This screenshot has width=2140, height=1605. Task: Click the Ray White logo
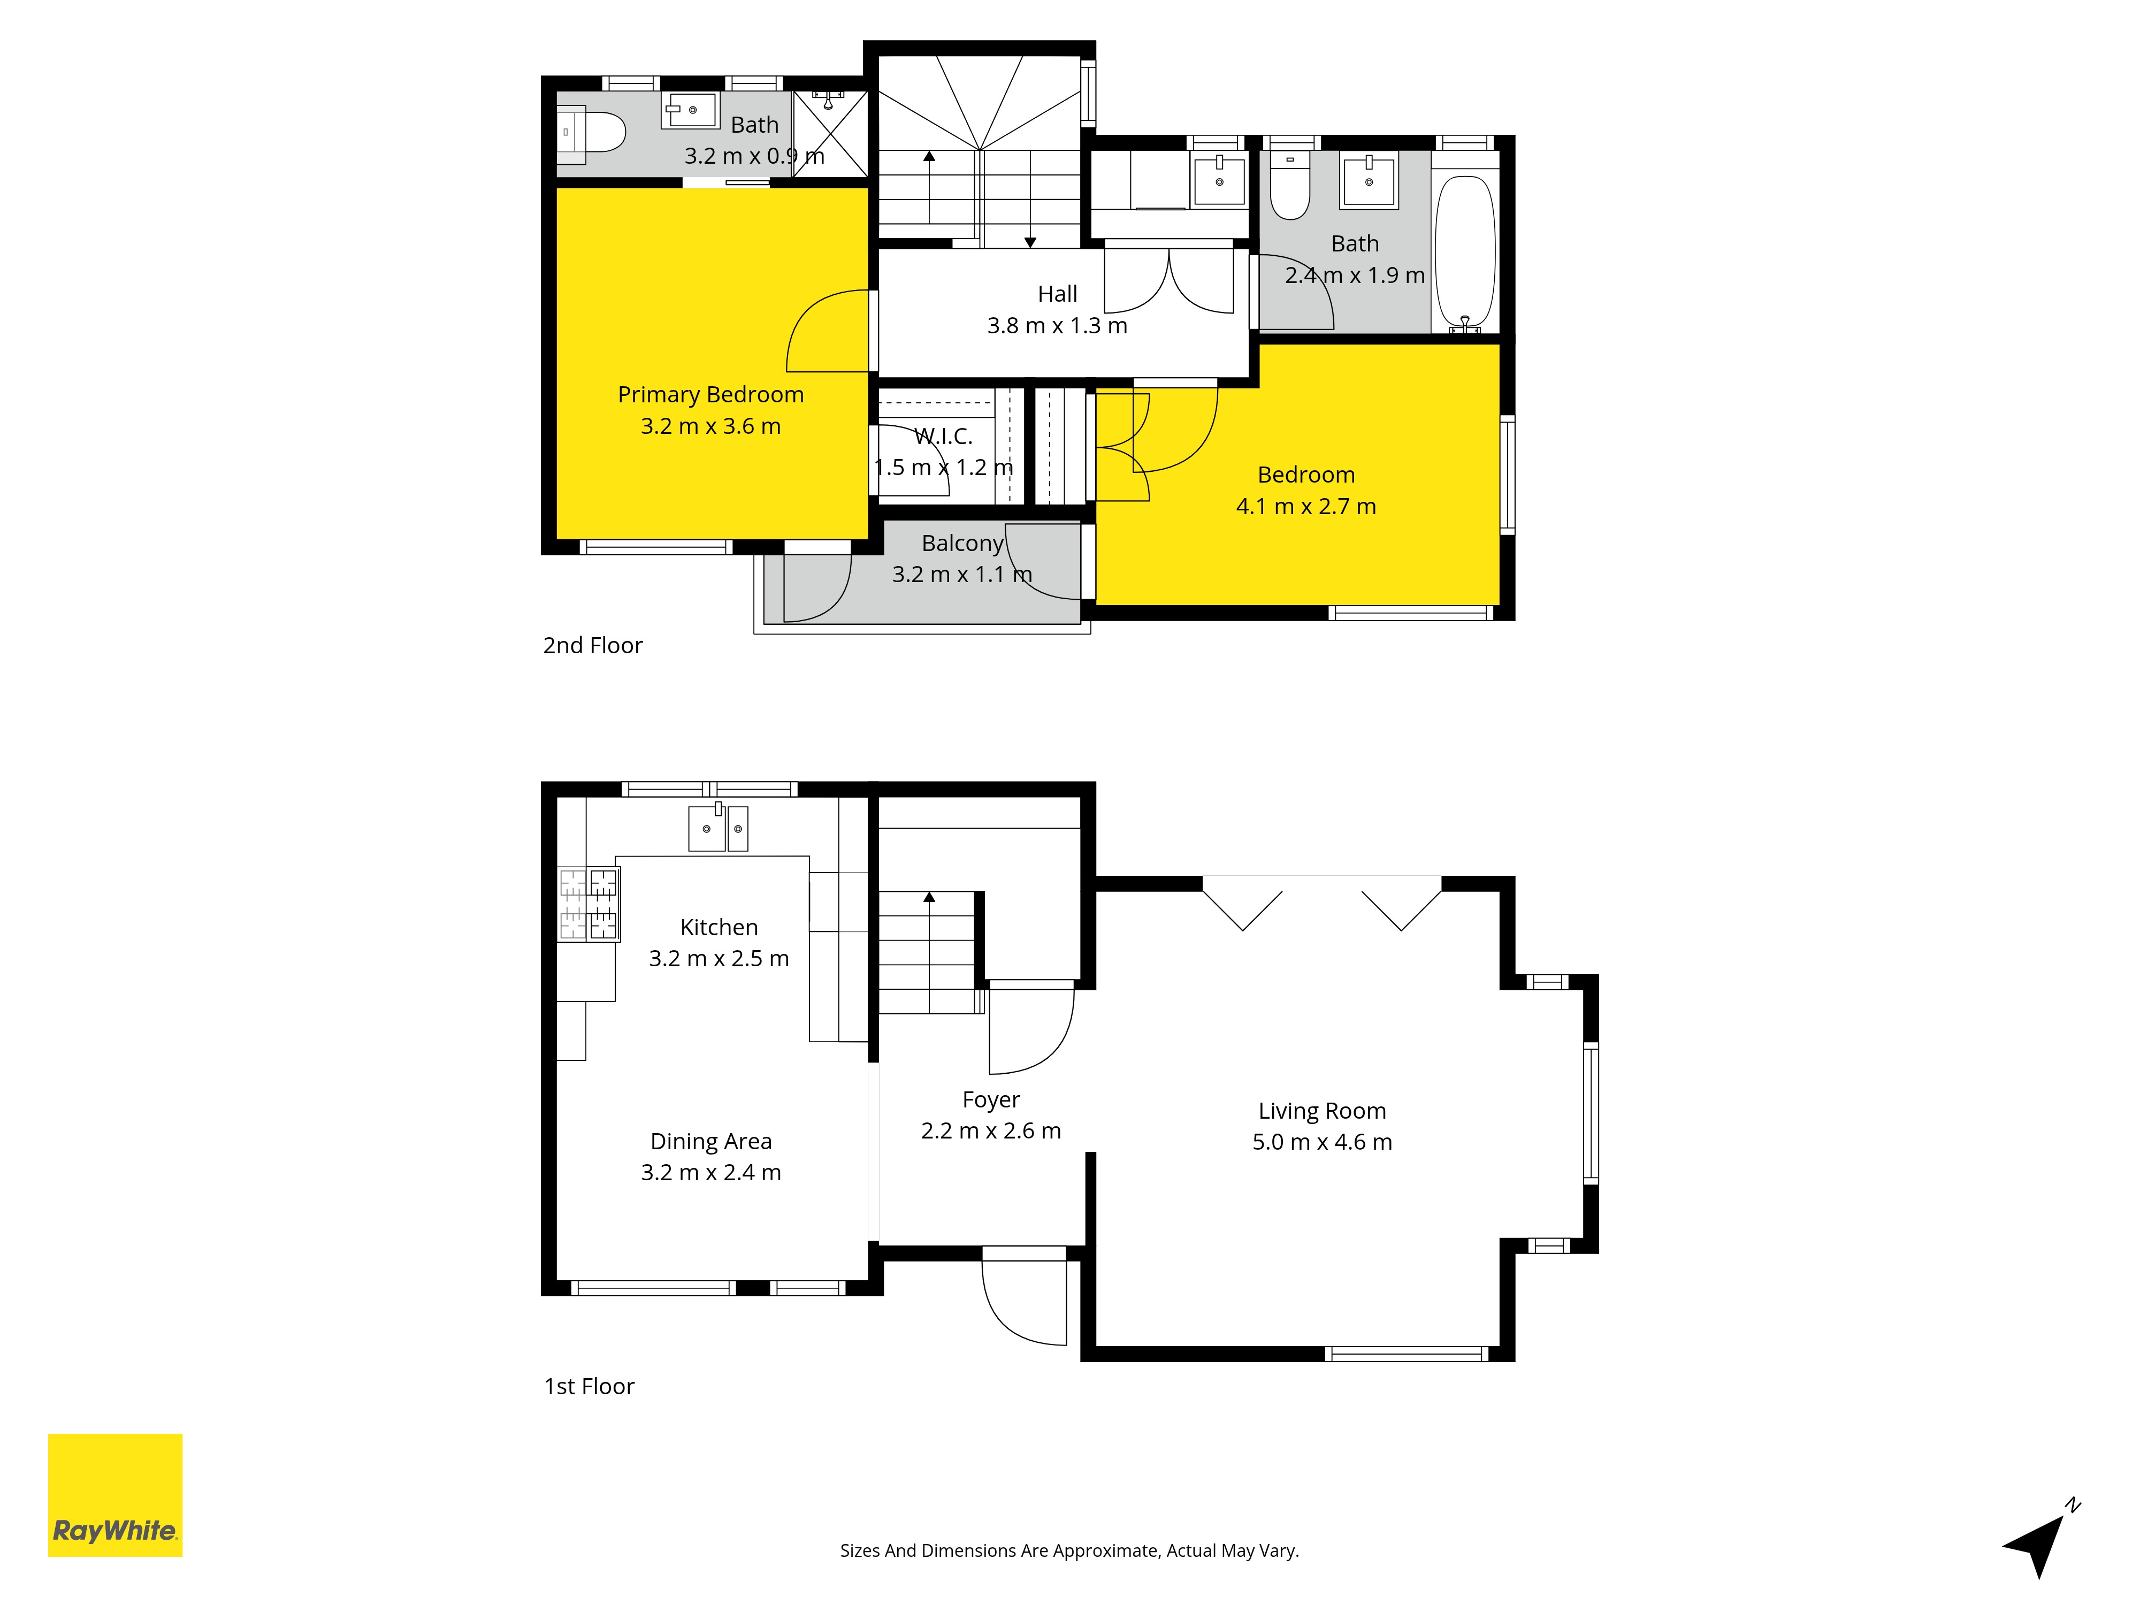point(115,1495)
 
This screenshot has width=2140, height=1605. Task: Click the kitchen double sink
point(718,827)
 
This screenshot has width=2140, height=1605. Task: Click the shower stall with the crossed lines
point(830,134)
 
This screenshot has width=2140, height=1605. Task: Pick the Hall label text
point(1057,294)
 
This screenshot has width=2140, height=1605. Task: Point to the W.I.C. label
point(943,437)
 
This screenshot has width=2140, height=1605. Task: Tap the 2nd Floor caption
point(592,645)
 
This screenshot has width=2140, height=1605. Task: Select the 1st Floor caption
point(589,1386)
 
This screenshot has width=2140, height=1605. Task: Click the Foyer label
point(991,1100)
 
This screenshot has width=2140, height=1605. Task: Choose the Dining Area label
point(711,1142)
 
